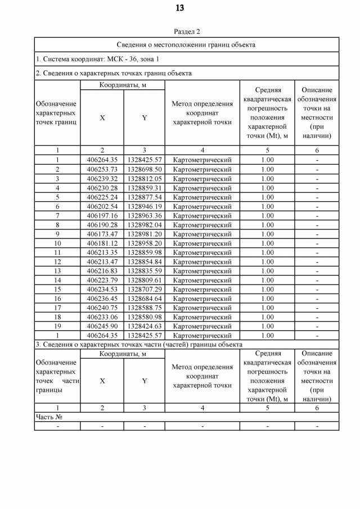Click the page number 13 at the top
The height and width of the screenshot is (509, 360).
coord(179,8)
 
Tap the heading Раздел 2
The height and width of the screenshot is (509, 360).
coord(187,31)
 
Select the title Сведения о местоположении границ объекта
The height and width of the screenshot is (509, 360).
coord(186,44)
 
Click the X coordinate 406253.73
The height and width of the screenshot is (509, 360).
coord(102,169)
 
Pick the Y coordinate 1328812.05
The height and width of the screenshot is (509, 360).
coord(145,178)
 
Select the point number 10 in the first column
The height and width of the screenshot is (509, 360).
coord(57,243)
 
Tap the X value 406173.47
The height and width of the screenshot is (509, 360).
coord(102,234)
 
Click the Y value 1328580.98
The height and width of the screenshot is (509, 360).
coord(145,317)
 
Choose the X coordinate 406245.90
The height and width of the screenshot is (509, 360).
coord(102,326)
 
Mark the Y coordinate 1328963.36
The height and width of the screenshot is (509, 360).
coord(145,215)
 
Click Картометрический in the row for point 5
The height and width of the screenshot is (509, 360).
coord(202,197)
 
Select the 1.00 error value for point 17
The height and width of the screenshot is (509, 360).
coord(267,308)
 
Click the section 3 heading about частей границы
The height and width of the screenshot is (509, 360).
coord(139,344)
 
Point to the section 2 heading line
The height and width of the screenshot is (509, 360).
coord(113,73)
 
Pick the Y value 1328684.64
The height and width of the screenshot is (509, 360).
coord(145,299)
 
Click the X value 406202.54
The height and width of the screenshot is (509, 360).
coord(102,206)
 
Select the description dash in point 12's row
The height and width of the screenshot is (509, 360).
coord(317,262)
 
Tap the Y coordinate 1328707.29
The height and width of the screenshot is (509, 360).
coord(145,289)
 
